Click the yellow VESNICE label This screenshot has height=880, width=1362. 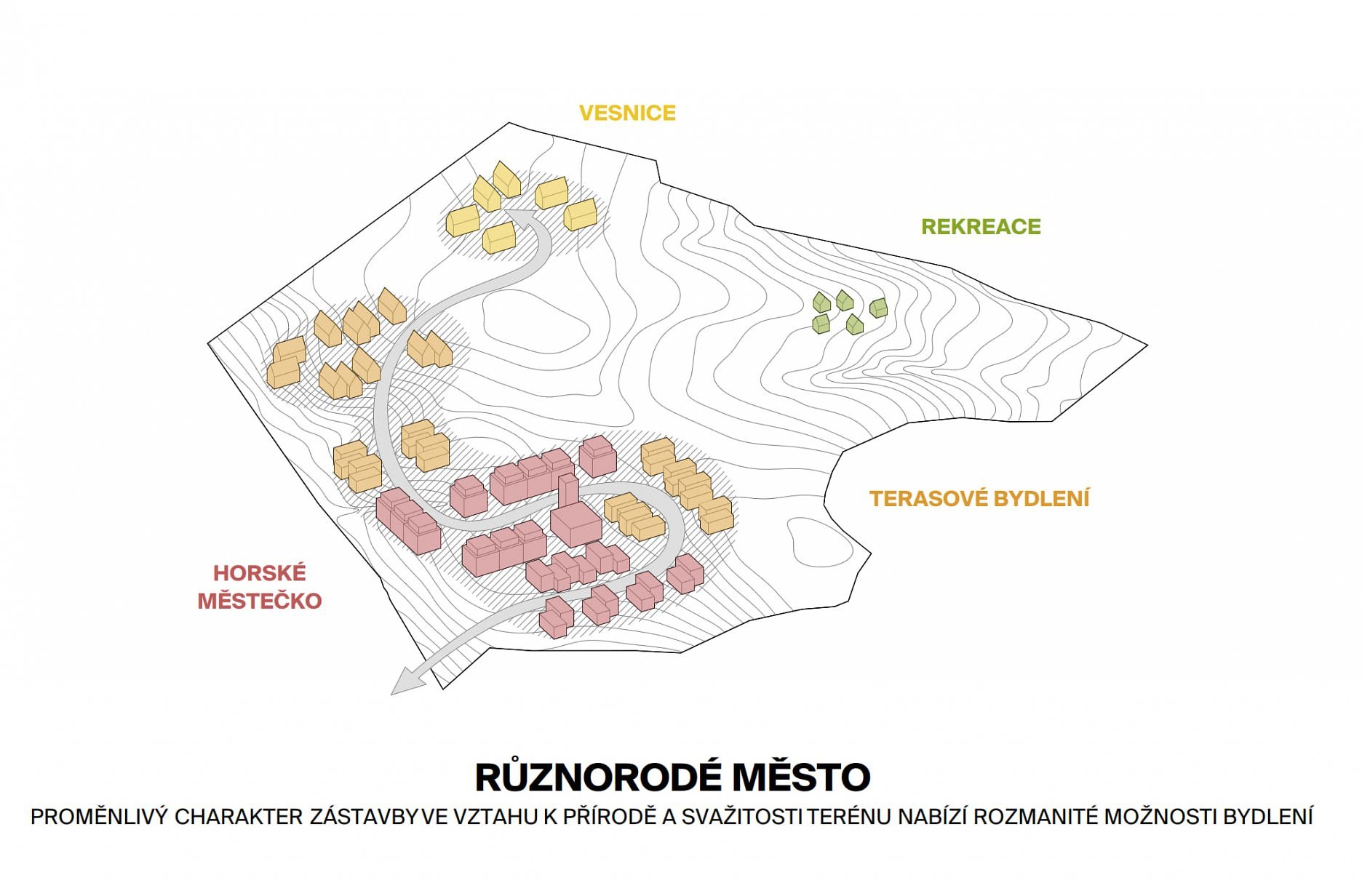(627, 113)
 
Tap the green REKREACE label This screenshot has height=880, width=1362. (981, 227)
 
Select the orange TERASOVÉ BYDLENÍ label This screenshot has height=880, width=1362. (979, 499)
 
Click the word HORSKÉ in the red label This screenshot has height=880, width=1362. (260, 573)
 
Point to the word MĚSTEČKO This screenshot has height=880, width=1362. (260, 601)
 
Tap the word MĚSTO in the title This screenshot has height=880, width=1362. (802, 777)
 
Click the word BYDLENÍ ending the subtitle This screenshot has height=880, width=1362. (1267, 817)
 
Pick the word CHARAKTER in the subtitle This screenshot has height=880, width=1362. (239, 817)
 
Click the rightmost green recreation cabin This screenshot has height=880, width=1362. (879, 308)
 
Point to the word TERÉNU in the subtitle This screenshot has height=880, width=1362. (849, 817)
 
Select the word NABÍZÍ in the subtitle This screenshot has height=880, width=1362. (932, 817)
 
